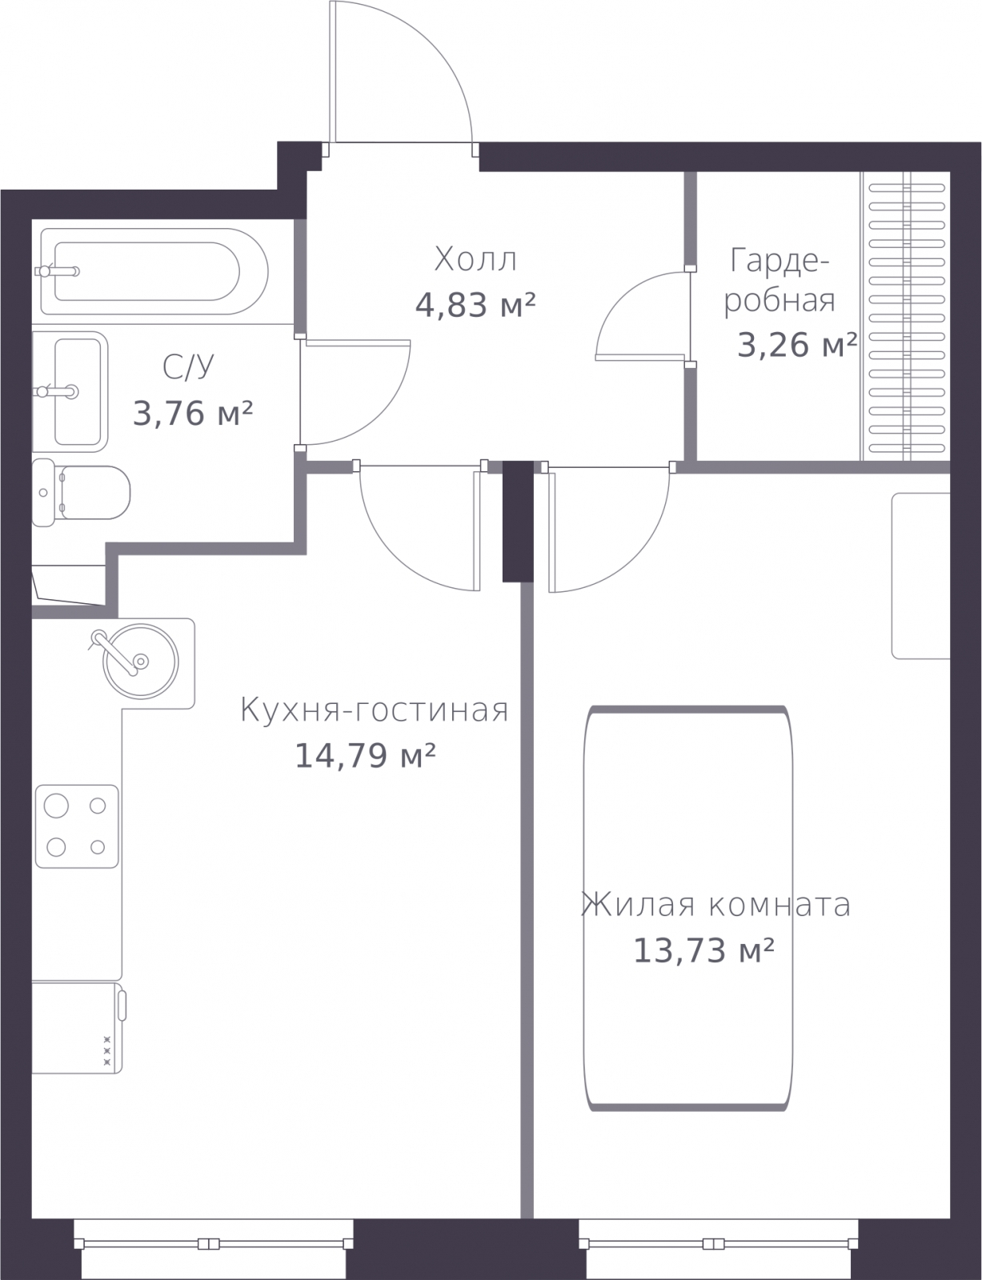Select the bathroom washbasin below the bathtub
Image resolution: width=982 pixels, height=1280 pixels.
point(70,392)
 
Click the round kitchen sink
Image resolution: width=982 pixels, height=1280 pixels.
point(140,662)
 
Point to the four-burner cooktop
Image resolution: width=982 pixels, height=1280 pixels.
point(77,826)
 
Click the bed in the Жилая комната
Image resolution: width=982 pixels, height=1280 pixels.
point(688,908)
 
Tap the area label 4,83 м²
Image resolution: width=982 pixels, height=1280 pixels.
point(475,305)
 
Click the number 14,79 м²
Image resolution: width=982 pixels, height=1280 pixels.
point(365,756)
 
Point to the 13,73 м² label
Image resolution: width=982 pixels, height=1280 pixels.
point(703,950)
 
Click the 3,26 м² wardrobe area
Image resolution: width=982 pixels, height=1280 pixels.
point(797,345)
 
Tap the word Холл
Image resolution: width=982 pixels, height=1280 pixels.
point(475,259)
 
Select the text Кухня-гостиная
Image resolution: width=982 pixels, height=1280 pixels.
point(374,710)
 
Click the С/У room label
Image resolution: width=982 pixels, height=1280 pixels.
point(188,367)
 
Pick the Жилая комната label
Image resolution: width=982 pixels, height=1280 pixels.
point(716,904)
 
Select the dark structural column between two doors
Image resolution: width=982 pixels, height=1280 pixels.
point(518,522)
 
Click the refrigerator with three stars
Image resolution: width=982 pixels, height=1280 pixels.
point(77,1027)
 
